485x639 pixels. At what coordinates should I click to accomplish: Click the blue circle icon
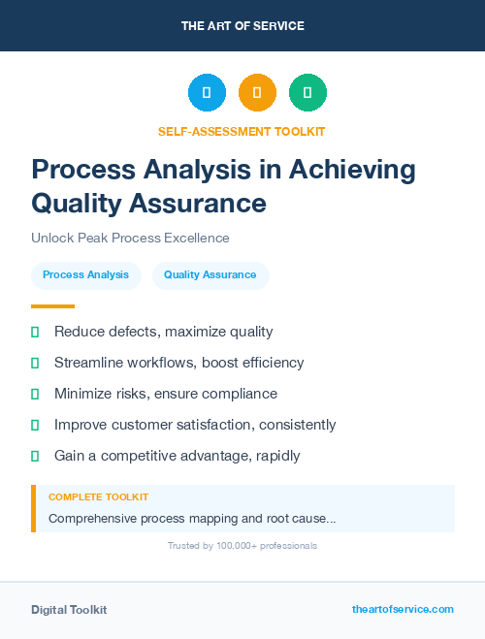click(207, 92)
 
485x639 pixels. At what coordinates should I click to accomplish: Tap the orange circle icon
click(257, 92)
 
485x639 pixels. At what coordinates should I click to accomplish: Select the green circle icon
click(307, 92)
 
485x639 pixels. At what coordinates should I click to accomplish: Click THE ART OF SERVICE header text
click(242, 26)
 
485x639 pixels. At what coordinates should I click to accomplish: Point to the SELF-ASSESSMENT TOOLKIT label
click(242, 131)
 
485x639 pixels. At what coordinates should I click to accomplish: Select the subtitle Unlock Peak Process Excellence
click(130, 238)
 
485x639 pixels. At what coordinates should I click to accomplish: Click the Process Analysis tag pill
click(85, 275)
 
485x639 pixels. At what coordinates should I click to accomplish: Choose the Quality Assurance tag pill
click(210, 275)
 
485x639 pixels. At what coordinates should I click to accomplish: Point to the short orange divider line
click(52, 306)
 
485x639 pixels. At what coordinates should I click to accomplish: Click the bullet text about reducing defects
click(163, 332)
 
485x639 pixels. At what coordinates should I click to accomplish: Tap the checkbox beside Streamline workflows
click(35, 364)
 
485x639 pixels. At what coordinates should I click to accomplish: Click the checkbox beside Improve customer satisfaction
click(35, 426)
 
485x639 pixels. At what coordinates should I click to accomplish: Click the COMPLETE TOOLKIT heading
click(98, 496)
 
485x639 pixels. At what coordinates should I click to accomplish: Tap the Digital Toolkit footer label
click(69, 610)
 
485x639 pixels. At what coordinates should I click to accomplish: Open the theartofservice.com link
click(403, 609)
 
